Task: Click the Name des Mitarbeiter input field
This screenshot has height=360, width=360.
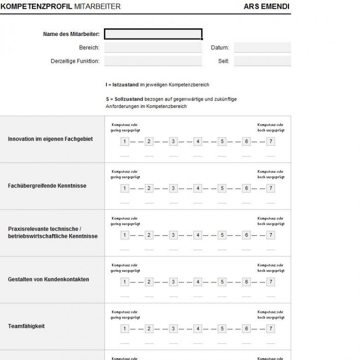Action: click(x=153, y=34)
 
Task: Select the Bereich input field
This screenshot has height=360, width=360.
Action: click(x=153, y=48)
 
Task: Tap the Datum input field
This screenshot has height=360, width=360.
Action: click(x=262, y=48)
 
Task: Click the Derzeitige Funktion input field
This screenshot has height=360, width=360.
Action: click(x=153, y=61)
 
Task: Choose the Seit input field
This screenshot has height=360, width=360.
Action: click(x=262, y=61)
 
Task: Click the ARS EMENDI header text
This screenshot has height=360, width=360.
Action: click(x=267, y=6)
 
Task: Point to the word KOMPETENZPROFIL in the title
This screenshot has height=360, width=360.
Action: click(x=36, y=6)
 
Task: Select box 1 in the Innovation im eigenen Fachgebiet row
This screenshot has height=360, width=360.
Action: click(x=125, y=142)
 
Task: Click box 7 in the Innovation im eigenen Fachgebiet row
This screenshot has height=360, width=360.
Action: click(x=270, y=142)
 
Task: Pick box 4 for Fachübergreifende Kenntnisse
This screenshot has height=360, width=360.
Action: click(x=198, y=188)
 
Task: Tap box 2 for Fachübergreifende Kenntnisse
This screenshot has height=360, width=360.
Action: click(x=149, y=188)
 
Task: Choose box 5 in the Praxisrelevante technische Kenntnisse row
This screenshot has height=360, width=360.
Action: click(x=222, y=235)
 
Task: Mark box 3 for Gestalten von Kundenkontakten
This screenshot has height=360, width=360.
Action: click(x=173, y=282)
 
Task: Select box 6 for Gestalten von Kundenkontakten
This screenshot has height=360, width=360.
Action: click(x=246, y=282)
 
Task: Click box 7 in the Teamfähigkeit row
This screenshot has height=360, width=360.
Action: click(x=270, y=328)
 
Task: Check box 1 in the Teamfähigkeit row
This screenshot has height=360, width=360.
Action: click(x=125, y=328)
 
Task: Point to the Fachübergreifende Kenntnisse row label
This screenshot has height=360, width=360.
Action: click(x=47, y=186)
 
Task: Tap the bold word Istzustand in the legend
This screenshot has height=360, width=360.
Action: click(x=126, y=85)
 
